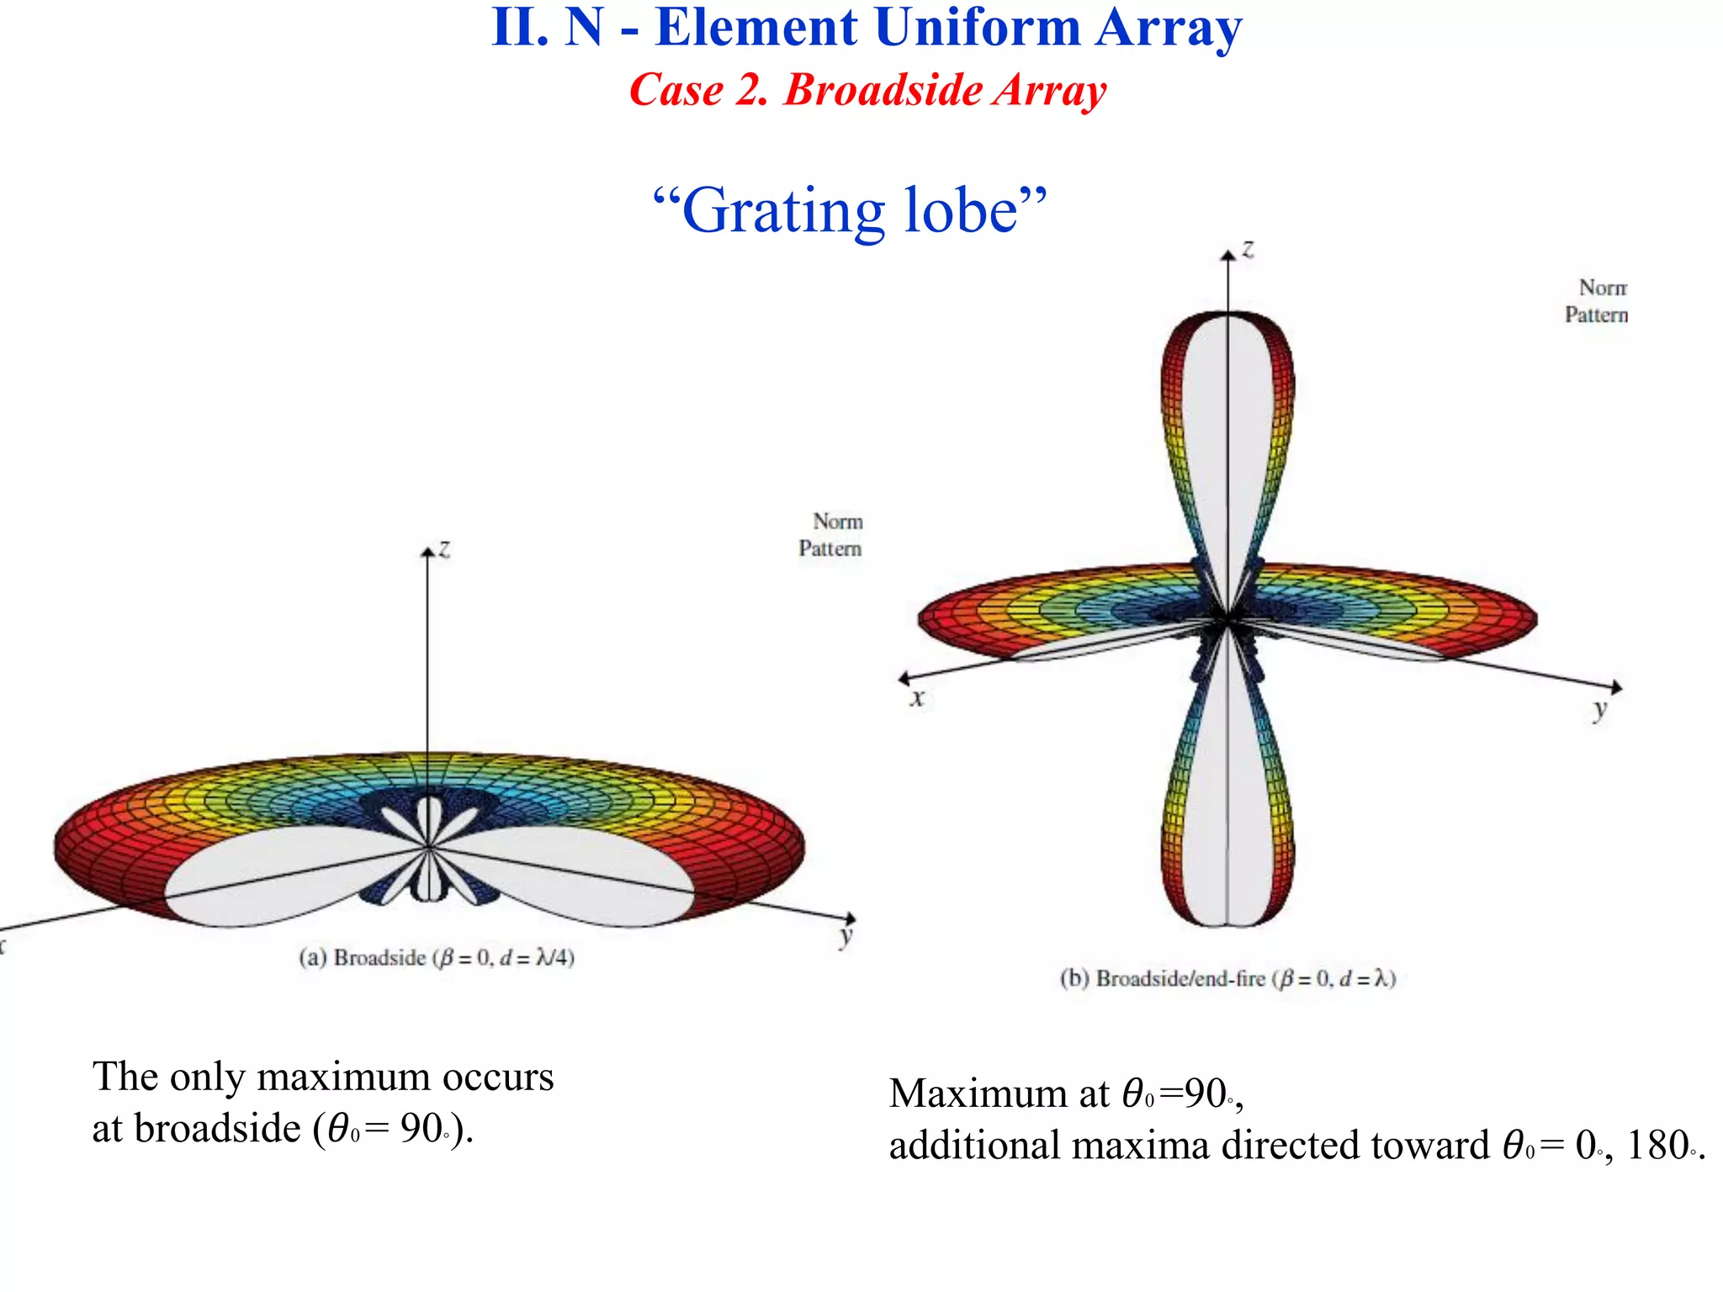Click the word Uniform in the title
977,27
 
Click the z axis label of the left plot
445,549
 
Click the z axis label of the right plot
1248,249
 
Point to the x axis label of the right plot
917,697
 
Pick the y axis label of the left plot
846,936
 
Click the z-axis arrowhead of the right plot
1228,253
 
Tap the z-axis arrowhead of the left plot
427,551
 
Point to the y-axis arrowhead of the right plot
1616,688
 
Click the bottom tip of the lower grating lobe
1227,925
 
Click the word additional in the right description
974,1146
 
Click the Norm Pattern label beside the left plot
830,535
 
